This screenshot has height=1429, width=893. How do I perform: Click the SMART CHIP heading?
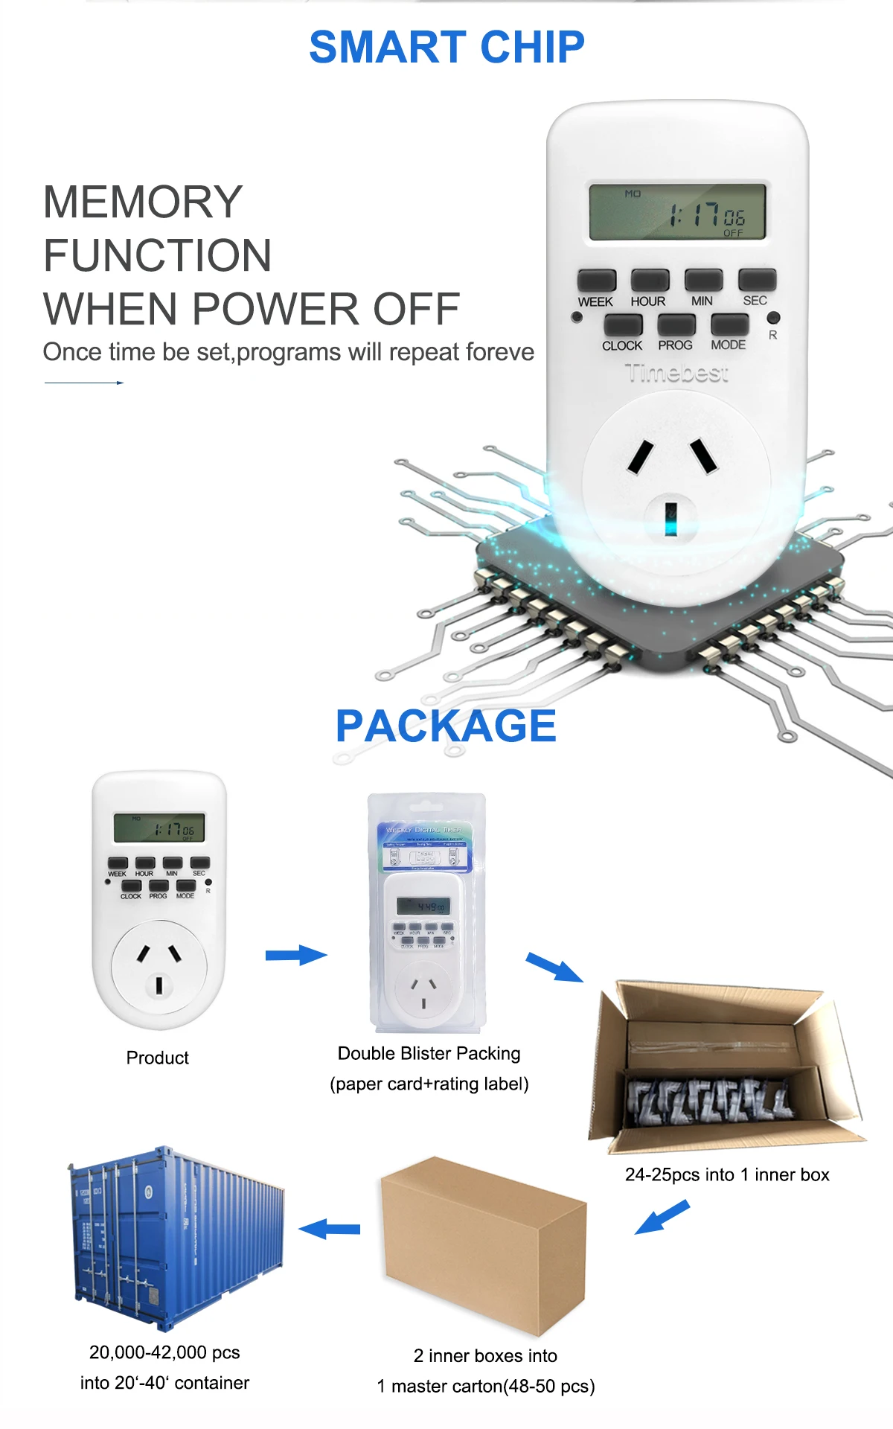pos(446,47)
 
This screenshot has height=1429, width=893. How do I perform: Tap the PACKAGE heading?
pos(446,726)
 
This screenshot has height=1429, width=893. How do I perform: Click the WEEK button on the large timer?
pos(597,281)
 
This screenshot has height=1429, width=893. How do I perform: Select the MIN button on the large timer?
pos(703,281)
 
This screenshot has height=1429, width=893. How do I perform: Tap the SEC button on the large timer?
pos(757,280)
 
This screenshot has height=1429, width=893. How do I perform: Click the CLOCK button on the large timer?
pos(623,325)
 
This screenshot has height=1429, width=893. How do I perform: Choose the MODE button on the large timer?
pos(729,325)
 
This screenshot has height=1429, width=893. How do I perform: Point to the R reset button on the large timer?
pos(773,318)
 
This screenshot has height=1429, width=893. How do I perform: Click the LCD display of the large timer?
pos(677,212)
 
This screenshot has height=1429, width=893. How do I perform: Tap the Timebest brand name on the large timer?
pos(676,373)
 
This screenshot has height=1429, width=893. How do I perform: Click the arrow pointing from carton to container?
pos(330,1229)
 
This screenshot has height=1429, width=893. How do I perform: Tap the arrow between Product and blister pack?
pos(296,955)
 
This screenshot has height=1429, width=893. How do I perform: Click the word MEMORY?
pos(143,202)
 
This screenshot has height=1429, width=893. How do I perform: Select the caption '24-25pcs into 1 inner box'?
pos(727,1174)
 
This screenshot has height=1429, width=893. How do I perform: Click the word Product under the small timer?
pos(157,1058)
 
